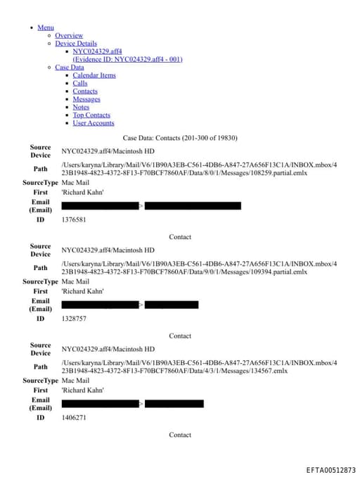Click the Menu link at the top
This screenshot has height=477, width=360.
[x=46, y=27]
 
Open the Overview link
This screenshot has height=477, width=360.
[x=69, y=35]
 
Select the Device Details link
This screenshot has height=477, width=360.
[x=76, y=44]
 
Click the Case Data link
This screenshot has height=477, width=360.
[x=69, y=68]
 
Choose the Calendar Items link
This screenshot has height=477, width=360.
[x=94, y=75]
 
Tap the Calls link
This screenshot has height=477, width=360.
[x=80, y=83]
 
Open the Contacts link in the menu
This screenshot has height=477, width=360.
[x=85, y=91]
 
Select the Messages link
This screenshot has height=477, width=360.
[x=86, y=99]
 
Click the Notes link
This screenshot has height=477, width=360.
[x=81, y=107]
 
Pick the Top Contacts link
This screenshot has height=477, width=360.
[x=91, y=115]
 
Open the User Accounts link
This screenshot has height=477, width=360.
[x=94, y=123]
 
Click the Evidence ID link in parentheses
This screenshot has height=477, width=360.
[x=127, y=59]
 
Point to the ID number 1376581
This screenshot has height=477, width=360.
[x=74, y=220]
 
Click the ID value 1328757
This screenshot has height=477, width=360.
[x=74, y=319]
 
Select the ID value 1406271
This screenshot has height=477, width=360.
[x=74, y=417]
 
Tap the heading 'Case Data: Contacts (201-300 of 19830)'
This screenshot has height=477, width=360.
[x=180, y=138]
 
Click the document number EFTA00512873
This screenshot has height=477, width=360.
[x=330, y=470]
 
